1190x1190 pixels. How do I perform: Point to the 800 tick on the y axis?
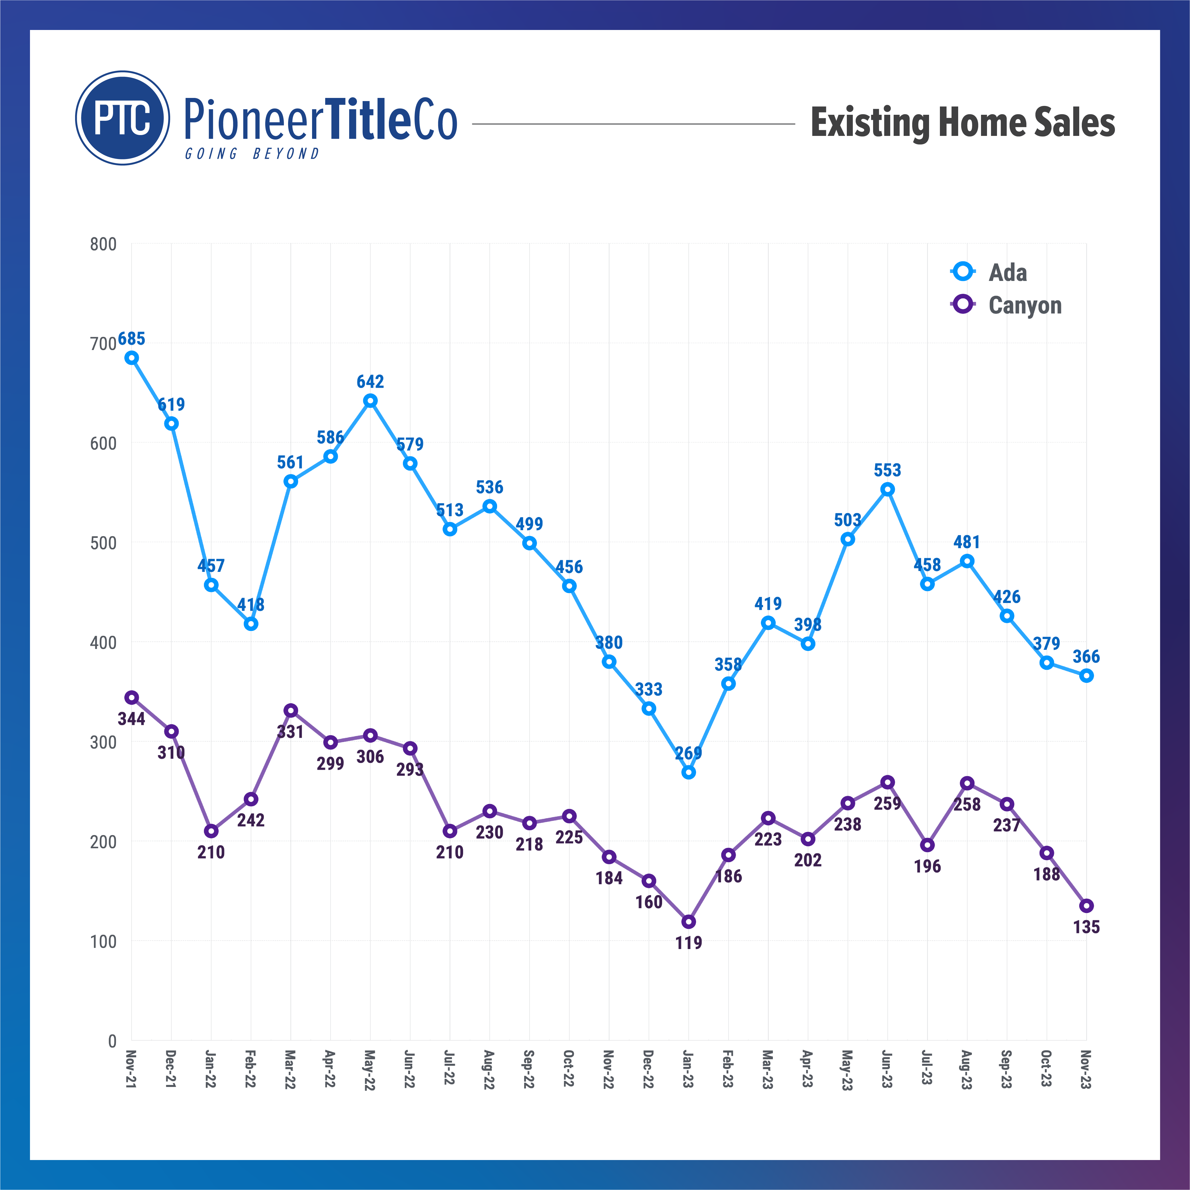click(103, 244)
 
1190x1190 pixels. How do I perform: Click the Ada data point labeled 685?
click(131, 358)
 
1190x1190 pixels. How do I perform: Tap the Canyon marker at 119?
click(689, 921)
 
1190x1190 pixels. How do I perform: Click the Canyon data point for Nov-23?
click(1087, 905)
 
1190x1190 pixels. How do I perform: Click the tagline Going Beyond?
click(253, 153)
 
